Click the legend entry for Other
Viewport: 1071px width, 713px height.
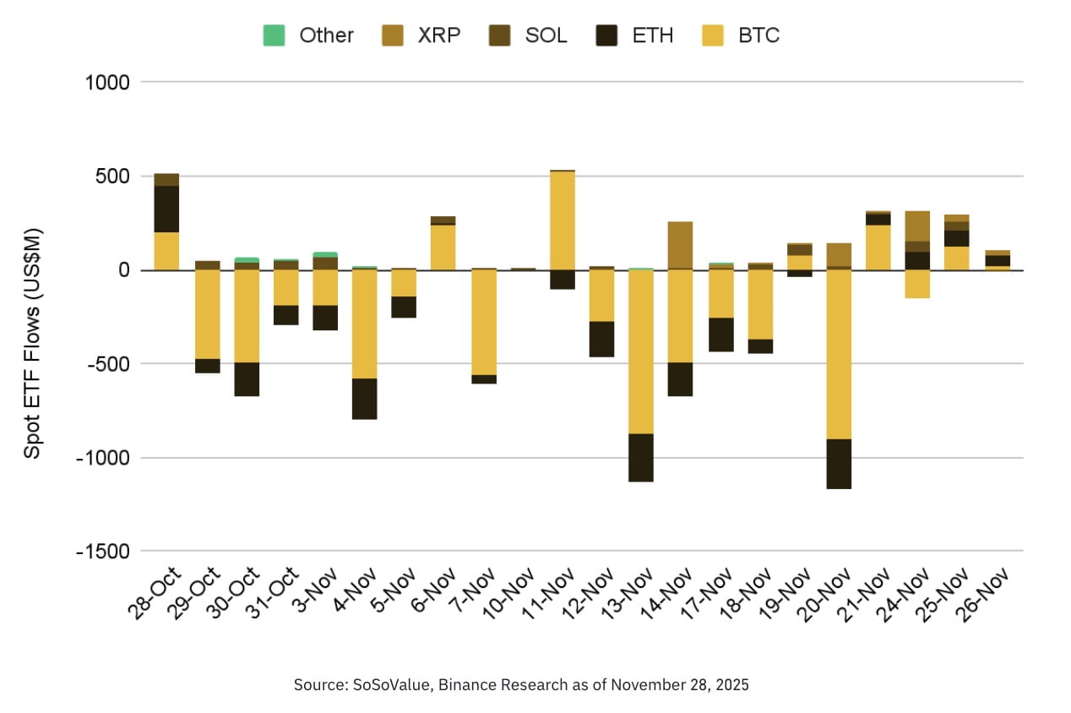click(x=309, y=35)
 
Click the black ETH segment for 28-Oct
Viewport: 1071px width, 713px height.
click(x=166, y=209)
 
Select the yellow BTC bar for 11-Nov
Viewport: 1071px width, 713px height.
click(x=563, y=220)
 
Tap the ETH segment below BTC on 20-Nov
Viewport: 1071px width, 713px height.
click(x=839, y=464)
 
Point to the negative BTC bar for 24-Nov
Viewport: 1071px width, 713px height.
click(x=918, y=284)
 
